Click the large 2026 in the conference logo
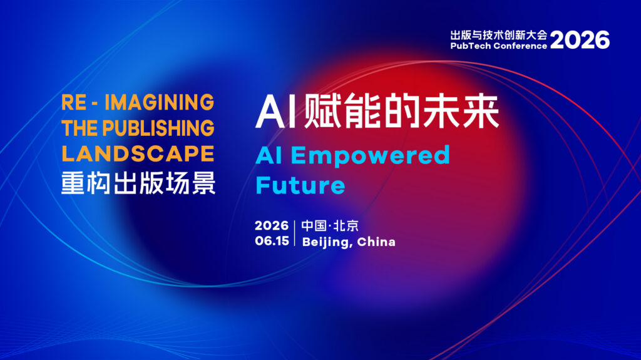580,39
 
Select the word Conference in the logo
520,46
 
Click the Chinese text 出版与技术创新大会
499,35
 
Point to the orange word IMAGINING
160,102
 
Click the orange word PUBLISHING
158,128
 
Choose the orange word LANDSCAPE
138,154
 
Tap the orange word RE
74,102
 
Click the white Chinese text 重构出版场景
138,183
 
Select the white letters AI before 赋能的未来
275,111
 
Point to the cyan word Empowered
371,157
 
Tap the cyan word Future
300,185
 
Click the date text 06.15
272,241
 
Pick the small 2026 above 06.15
272,225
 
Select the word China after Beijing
376,242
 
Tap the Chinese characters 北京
346,226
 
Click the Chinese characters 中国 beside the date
314,226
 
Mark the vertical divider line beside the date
295,233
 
